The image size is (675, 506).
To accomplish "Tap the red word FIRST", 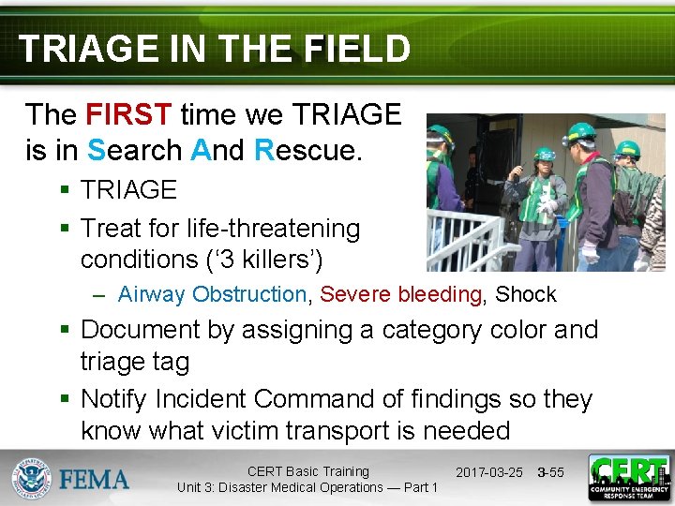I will tap(127, 115).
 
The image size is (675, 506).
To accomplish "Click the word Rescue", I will tap(307, 149).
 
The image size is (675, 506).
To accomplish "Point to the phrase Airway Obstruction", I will tap(212, 294).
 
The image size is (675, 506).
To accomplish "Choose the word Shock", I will tap(525, 294).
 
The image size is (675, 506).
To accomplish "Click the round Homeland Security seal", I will tap(30, 479).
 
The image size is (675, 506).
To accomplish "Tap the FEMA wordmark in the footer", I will tap(95, 480).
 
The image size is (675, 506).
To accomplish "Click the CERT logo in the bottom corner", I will tap(627, 478).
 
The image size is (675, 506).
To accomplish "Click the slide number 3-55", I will tap(550, 472).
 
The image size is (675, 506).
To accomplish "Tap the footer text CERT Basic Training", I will tap(307, 471).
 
